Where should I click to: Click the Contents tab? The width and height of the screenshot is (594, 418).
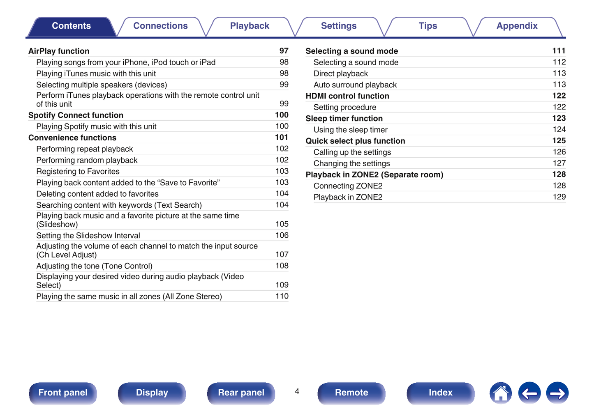pyautogui.click(x=71, y=26)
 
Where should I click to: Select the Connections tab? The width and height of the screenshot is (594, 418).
pyautogui.click(x=160, y=26)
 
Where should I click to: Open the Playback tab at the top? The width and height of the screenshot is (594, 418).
pyautogui.click(x=250, y=26)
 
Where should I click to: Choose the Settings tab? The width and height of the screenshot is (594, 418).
pyautogui.click(x=339, y=26)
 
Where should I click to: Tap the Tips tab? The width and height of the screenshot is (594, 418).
pyautogui.click(x=428, y=26)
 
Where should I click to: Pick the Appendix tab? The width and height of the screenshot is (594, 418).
pyautogui.click(x=517, y=26)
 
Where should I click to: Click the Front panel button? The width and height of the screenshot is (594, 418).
pyautogui.click(x=63, y=393)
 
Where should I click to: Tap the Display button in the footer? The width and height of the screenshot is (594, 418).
pyautogui.click(x=152, y=393)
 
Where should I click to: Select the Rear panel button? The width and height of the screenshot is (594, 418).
pyautogui.click(x=241, y=393)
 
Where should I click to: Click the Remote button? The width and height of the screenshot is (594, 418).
pyautogui.click(x=351, y=393)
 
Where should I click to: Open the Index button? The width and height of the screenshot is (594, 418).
pyautogui.click(x=440, y=393)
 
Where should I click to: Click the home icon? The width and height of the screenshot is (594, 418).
pyautogui.click(x=501, y=393)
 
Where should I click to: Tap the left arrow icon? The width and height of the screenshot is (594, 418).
pyautogui.click(x=529, y=393)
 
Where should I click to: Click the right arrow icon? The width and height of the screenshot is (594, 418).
pyautogui.click(x=557, y=393)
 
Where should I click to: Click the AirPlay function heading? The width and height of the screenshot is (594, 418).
pyautogui.click(x=59, y=51)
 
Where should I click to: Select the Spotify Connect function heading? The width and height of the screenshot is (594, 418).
pyautogui.click(x=76, y=115)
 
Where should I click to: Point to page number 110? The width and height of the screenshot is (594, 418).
pyautogui.click(x=282, y=296)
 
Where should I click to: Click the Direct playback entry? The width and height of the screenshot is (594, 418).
pyautogui.click(x=341, y=73)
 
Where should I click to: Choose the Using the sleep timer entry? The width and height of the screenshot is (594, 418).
pyautogui.click(x=350, y=130)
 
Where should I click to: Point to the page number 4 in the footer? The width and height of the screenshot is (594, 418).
pyautogui.click(x=297, y=391)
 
